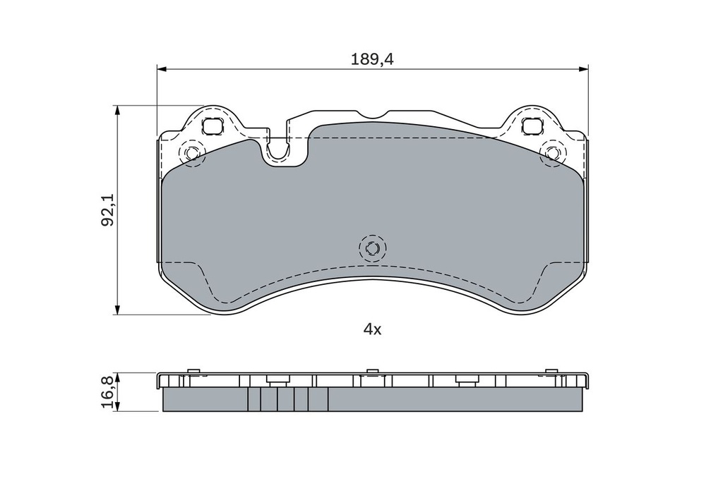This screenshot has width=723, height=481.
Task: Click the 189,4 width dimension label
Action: point(372,59)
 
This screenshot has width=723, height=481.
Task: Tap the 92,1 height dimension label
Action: point(108,210)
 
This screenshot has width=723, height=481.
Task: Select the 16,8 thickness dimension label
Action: point(107,392)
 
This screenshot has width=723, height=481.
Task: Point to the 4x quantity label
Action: point(373,329)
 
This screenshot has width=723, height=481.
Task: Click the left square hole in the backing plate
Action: point(213,126)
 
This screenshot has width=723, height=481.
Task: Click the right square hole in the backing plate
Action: point(532,126)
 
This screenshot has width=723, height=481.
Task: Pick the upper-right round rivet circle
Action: point(553,152)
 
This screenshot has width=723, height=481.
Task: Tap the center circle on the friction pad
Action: point(373,248)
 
